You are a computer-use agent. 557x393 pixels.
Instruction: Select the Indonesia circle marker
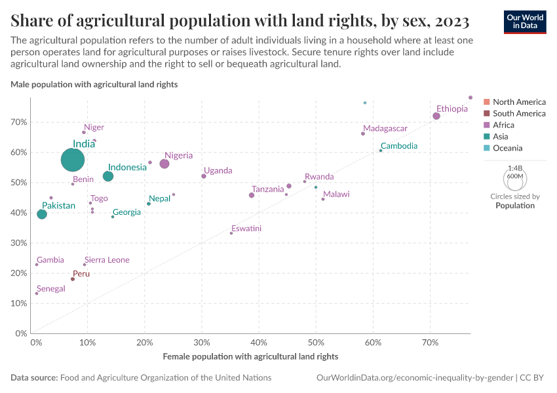pyautogui.click(x=108, y=176)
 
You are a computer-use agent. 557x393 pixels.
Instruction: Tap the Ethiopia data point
pyautogui.click(x=436, y=116)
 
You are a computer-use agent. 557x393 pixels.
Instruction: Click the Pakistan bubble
pyautogui.click(x=42, y=214)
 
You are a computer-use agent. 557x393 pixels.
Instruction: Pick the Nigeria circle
pyautogui.click(x=164, y=164)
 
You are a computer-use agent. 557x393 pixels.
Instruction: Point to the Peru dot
pyautogui.click(x=73, y=279)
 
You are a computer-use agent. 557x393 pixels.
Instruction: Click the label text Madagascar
pyautogui.click(x=385, y=128)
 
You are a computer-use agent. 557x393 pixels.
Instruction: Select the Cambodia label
pyautogui.click(x=398, y=146)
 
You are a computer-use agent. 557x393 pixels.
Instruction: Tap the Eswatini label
pyautogui.click(x=246, y=229)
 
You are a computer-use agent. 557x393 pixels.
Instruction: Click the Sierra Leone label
pyautogui.click(x=107, y=260)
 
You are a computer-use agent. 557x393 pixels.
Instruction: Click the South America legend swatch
pyautogui.click(x=486, y=113)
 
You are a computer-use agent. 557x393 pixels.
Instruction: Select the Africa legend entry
pyautogui.click(x=503, y=125)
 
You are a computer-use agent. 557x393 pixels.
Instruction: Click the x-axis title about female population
pyautogui.click(x=250, y=356)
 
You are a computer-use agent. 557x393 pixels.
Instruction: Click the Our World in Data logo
pyautogui.click(x=526, y=22)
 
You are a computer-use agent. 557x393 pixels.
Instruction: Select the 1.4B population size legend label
pyautogui.click(x=515, y=168)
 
